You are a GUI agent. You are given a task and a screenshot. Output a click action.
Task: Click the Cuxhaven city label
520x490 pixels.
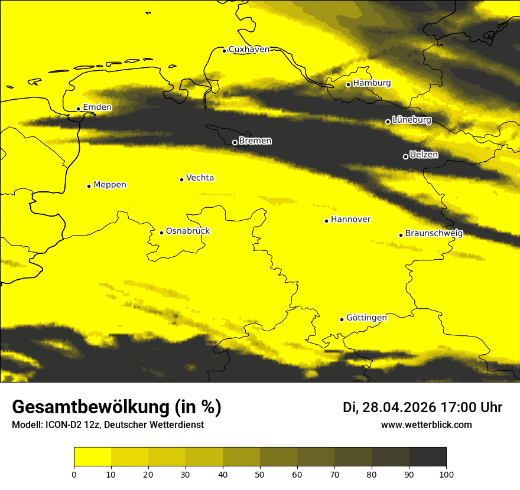[x=249, y=50]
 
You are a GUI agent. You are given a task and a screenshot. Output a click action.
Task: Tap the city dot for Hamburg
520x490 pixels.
[x=349, y=84]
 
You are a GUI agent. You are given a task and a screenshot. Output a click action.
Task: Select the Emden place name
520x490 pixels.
[x=97, y=107]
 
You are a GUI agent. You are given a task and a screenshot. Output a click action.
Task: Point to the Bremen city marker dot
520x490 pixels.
[x=235, y=142]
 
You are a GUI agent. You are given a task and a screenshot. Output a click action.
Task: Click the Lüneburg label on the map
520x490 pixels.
[x=411, y=120]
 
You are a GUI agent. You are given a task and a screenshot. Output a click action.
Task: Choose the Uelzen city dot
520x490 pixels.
[x=405, y=156]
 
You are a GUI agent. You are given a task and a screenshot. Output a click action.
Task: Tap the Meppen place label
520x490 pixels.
[x=110, y=185]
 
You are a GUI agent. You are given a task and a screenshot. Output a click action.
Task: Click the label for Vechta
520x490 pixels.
[x=200, y=178]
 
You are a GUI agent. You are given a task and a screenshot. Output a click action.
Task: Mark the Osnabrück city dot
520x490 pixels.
[x=161, y=233]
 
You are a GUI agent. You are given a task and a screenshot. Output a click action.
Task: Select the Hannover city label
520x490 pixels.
[x=350, y=220]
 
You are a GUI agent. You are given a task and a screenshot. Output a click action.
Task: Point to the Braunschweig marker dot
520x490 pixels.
[x=401, y=235]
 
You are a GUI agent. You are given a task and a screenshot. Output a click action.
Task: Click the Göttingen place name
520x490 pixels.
[x=366, y=318]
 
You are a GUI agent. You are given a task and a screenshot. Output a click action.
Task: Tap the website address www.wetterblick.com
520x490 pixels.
[x=427, y=424]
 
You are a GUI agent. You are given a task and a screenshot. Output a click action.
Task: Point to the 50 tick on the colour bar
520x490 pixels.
[x=260, y=473]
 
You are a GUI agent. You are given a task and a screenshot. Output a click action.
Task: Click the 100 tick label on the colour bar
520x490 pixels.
[x=446, y=473]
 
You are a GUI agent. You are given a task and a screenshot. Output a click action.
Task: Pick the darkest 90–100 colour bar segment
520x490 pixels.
[x=427, y=457]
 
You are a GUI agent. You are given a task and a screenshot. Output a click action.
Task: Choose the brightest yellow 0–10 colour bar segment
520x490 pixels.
[x=92, y=457]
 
